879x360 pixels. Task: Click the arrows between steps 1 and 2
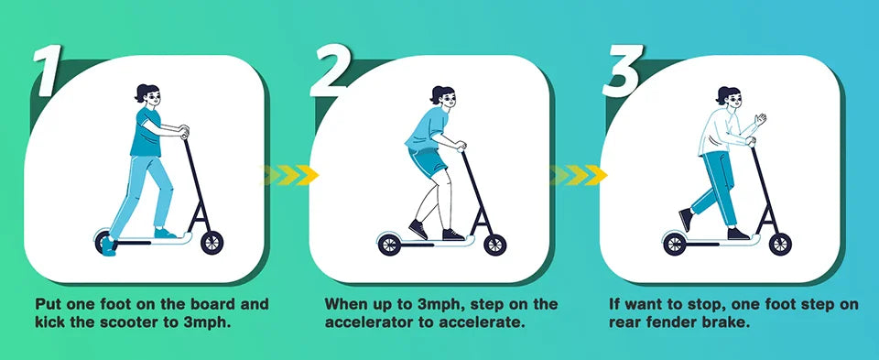point(289,174)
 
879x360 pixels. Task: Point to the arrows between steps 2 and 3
point(580,174)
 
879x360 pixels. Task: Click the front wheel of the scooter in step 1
point(212,243)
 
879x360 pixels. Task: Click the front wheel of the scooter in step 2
point(495,244)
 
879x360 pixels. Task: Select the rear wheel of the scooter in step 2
point(388,245)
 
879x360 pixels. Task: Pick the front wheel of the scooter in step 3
point(780,244)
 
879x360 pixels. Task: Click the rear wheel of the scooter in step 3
point(674,245)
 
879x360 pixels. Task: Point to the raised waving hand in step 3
point(759,120)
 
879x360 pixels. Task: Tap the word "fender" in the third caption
point(671,322)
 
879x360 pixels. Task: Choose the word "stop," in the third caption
point(692,303)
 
